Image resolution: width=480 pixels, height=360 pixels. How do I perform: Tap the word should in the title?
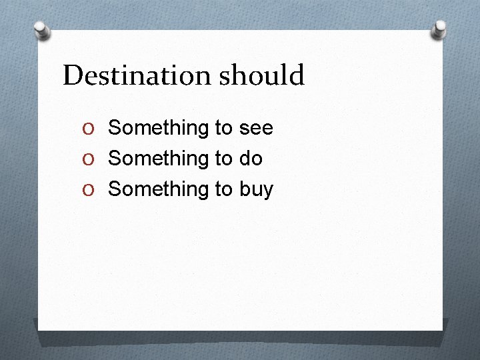(261, 75)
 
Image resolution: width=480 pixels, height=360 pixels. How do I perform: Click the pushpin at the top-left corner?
(42, 29)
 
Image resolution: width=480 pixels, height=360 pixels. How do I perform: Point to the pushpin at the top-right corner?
(439, 29)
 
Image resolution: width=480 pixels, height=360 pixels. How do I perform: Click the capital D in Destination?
(72, 75)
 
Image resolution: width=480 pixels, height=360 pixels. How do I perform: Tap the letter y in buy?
(268, 191)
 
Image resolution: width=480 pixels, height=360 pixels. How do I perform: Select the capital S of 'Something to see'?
(115, 127)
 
